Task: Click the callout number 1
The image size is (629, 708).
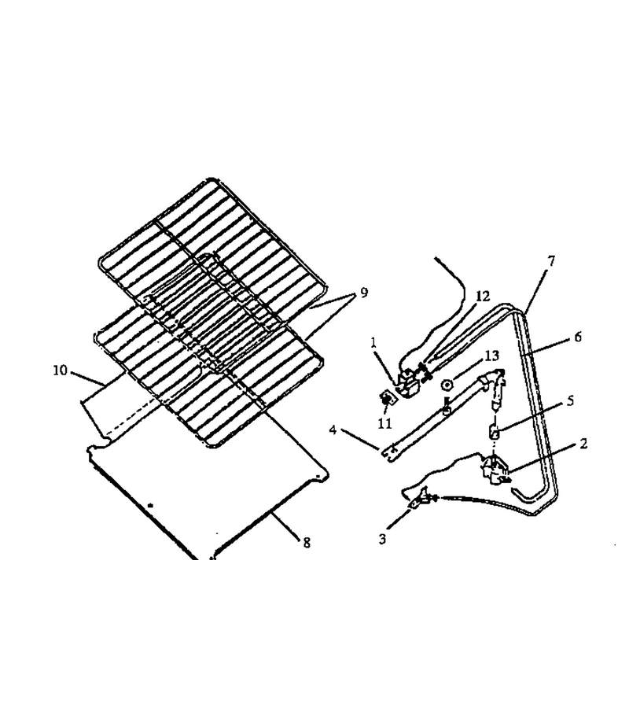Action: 373,343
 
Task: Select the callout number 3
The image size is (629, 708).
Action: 383,539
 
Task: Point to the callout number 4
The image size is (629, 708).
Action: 333,430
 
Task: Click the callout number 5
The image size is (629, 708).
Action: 570,400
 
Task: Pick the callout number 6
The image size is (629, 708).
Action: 578,337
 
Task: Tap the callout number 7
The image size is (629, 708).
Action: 551,261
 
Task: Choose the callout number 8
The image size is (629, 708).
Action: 307,542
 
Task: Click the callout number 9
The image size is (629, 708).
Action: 364,293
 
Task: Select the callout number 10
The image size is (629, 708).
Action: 60,371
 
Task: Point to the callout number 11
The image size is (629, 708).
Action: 385,423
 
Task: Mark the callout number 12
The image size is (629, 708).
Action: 482,297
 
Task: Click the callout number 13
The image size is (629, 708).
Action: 492,356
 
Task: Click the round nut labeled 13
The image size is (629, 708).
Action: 447,385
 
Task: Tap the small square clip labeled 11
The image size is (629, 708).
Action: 387,398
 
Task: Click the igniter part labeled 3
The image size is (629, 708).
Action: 420,499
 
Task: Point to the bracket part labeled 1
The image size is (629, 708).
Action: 408,382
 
